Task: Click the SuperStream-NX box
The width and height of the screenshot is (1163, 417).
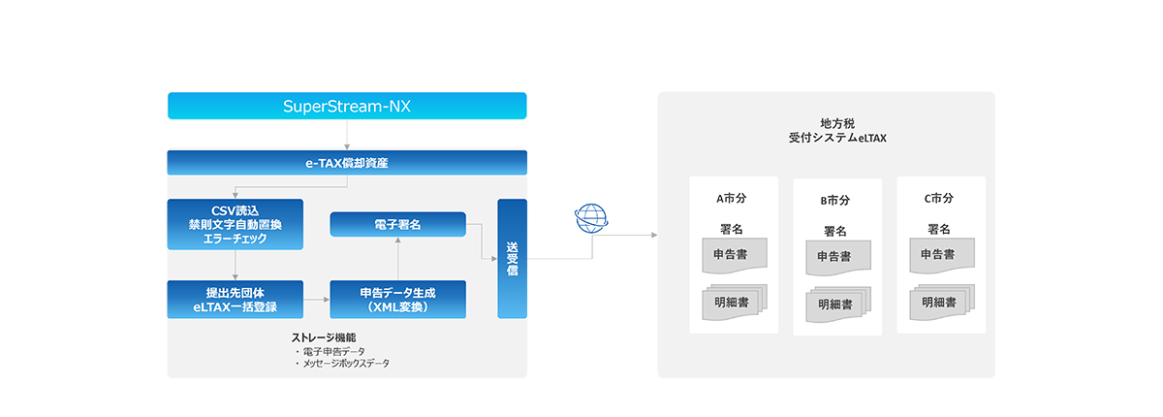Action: tap(346, 106)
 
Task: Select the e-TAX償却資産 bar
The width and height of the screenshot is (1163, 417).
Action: tap(346, 162)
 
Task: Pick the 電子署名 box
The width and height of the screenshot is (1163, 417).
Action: tap(397, 225)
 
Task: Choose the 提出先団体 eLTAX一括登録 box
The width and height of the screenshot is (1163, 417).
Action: tap(236, 299)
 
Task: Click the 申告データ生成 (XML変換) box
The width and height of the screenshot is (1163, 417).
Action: tap(397, 299)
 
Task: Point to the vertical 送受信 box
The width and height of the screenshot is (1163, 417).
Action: tap(512, 258)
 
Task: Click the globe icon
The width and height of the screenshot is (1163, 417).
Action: tap(591, 218)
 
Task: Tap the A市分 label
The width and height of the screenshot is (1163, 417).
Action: tap(732, 199)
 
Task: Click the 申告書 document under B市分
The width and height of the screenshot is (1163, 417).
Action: tap(834, 258)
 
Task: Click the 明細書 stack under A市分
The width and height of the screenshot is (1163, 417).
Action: tap(732, 303)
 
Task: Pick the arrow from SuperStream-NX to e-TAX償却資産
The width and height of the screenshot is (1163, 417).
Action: tap(346, 135)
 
